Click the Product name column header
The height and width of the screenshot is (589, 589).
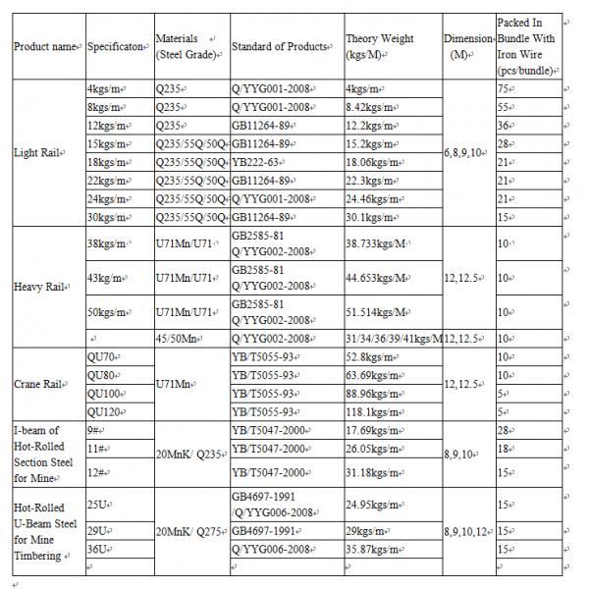tap(45, 45)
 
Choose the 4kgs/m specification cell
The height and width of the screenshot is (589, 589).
tap(104, 90)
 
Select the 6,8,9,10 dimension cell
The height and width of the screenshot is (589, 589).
tap(465, 153)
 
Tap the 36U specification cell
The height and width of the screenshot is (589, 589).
tap(98, 548)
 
